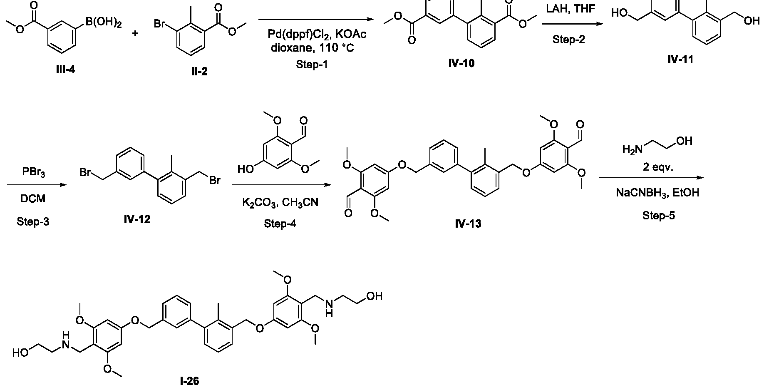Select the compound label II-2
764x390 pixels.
[199, 72]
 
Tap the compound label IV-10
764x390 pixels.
[461, 64]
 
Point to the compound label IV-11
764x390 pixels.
[680, 60]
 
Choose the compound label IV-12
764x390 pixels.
[137, 219]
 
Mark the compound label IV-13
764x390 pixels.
[468, 224]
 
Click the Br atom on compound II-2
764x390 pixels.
[160, 24]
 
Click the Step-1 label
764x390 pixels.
[312, 65]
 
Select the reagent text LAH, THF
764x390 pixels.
[571, 8]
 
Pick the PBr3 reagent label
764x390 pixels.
[34, 172]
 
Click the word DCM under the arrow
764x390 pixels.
[33, 199]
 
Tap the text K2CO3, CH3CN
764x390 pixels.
[280, 203]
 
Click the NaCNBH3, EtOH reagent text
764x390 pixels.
[657, 193]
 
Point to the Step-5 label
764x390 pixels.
[659, 215]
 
